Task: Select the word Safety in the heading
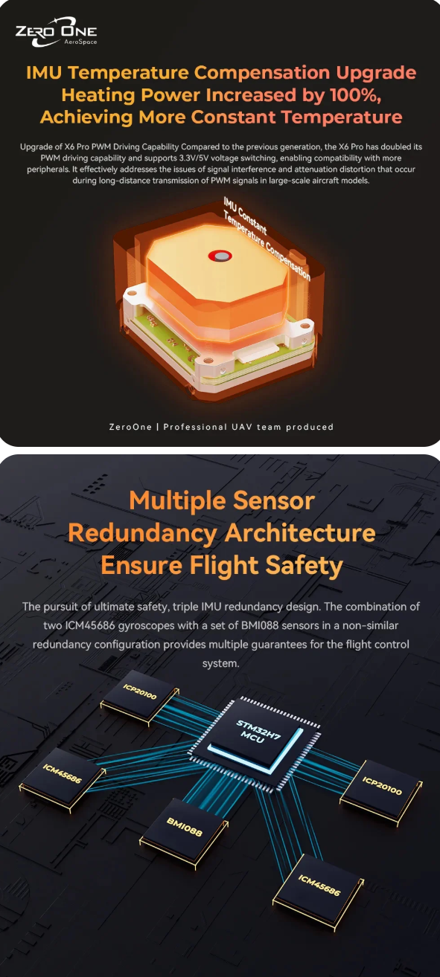[305, 566]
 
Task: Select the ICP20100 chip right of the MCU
[382, 785]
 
